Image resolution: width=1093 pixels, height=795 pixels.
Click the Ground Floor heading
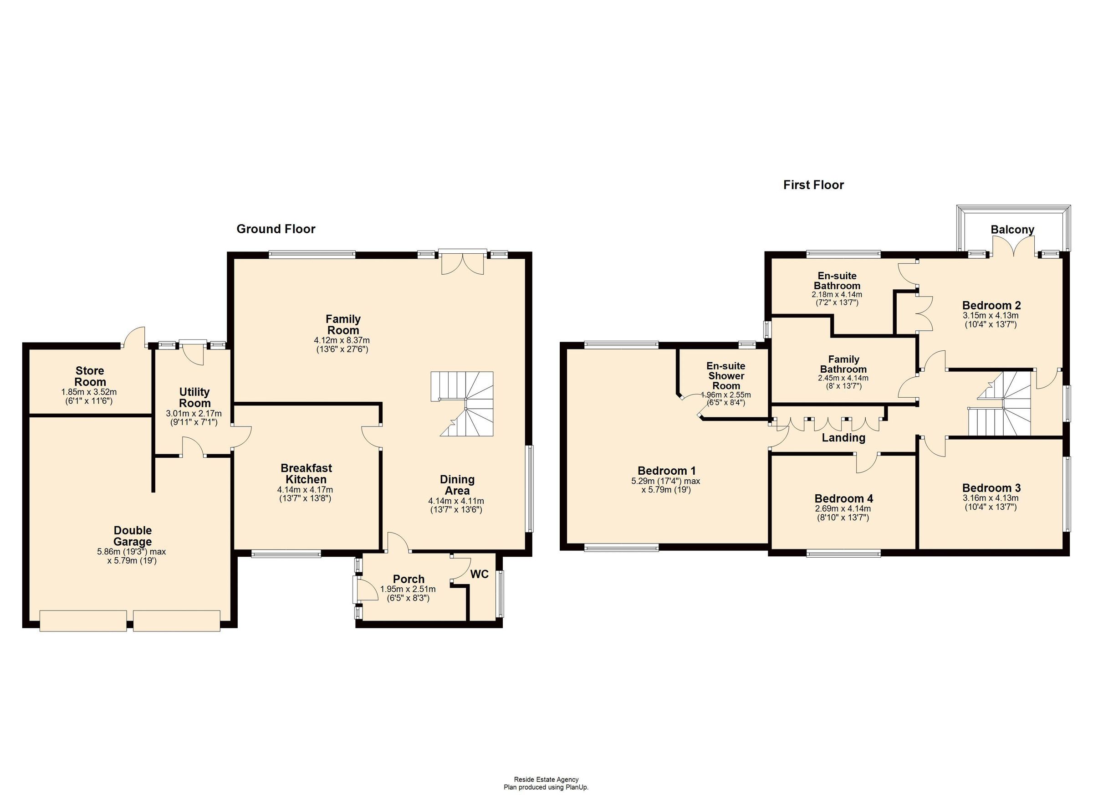[276, 229]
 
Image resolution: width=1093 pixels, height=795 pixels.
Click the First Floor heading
[813, 185]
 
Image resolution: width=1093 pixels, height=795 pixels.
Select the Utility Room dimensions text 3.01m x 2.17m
[194, 414]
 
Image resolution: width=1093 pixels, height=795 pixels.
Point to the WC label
[479, 574]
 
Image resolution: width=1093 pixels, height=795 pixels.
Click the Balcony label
[1012, 230]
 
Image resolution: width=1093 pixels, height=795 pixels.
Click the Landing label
[843, 438]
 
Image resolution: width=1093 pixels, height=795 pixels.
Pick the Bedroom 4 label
[843, 498]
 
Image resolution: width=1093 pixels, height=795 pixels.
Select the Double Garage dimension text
[132, 556]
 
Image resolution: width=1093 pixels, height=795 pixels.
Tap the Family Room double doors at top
[463, 263]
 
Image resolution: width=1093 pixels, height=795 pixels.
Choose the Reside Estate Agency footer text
[546, 779]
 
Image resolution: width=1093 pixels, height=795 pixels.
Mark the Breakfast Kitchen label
[306, 473]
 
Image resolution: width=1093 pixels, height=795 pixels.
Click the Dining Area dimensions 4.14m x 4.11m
[456, 501]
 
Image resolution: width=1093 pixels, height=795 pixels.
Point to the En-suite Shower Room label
[726, 376]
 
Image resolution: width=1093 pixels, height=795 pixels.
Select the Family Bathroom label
[843, 364]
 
